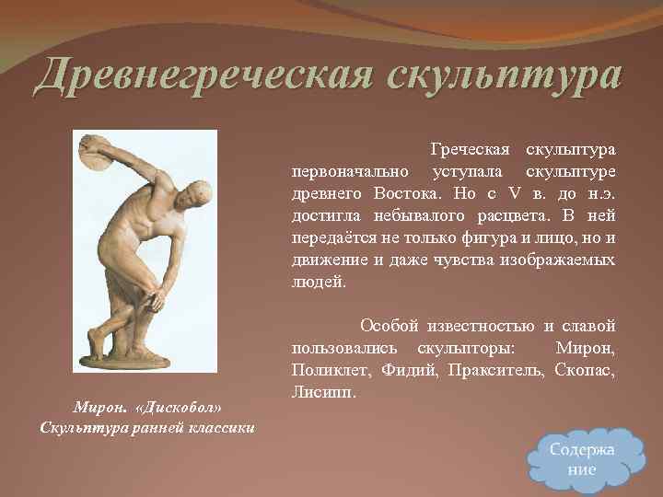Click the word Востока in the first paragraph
point(405,194)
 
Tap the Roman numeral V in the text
point(515,194)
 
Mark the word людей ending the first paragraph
point(319,283)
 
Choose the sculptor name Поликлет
point(328,371)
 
